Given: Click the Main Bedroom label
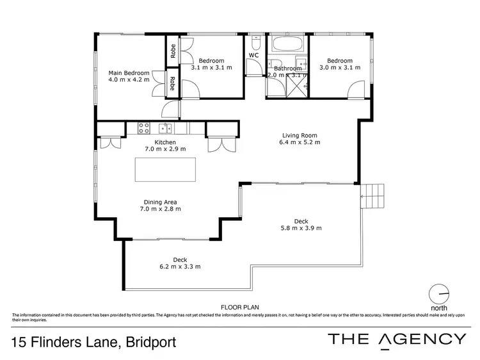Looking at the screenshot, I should (x=129, y=72).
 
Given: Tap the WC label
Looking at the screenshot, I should (x=253, y=56).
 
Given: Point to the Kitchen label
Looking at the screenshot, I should (x=165, y=142).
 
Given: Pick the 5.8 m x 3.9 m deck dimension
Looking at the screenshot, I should (x=301, y=228).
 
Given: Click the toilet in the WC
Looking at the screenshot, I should (x=255, y=44).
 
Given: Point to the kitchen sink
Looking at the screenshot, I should (x=164, y=127).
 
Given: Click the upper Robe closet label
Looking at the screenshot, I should (x=172, y=51).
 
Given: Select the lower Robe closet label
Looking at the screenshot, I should (x=172, y=84).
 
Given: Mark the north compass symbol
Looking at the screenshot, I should (x=439, y=293).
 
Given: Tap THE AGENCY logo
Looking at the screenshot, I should (x=397, y=340).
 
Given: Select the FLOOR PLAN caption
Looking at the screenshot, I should (x=239, y=307).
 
